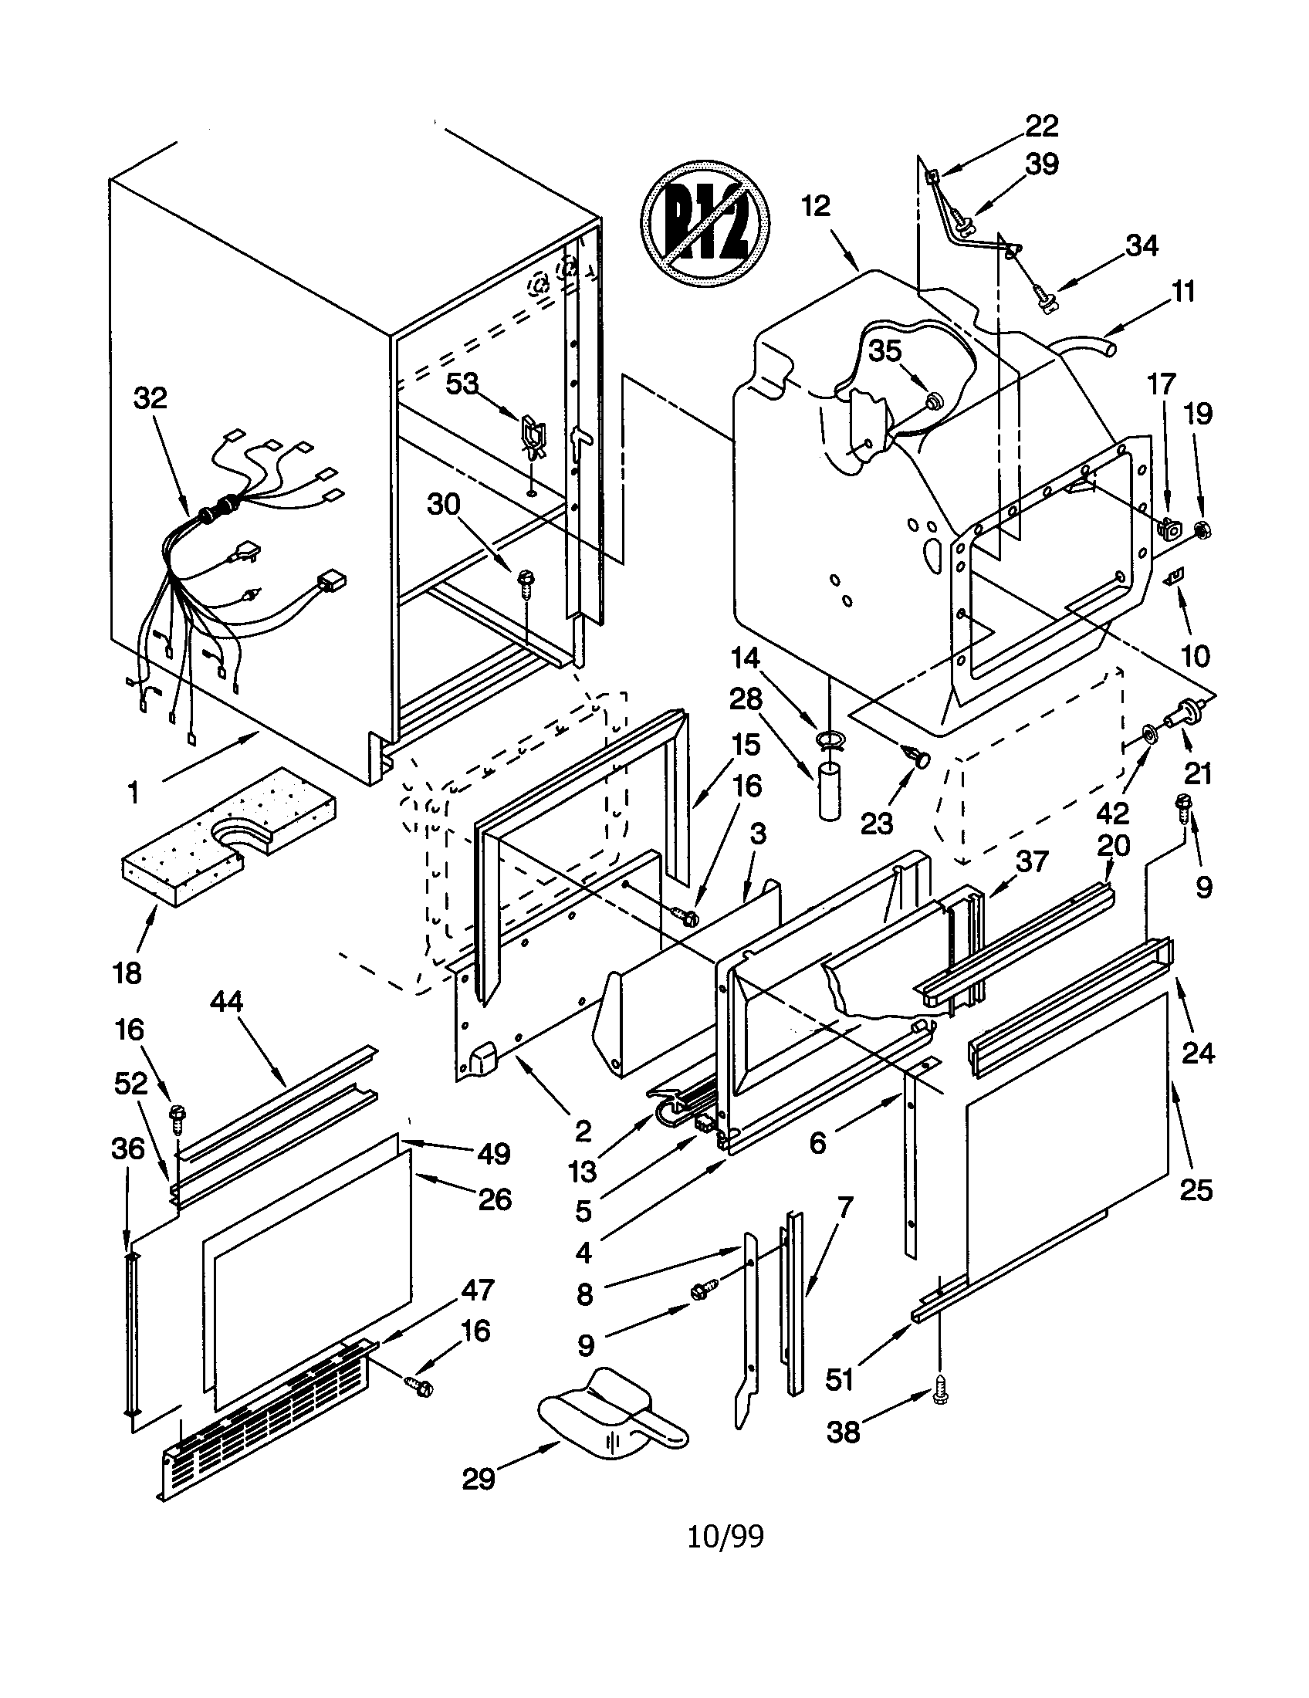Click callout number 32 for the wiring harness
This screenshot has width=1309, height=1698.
point(150,398)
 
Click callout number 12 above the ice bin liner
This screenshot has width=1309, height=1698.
point(816,206)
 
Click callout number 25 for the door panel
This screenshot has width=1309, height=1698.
point(1196,1189)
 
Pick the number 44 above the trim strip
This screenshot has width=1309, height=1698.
point(226,1001)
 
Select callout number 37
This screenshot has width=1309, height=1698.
point(1031,861)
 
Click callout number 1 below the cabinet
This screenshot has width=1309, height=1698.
point(133,793)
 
